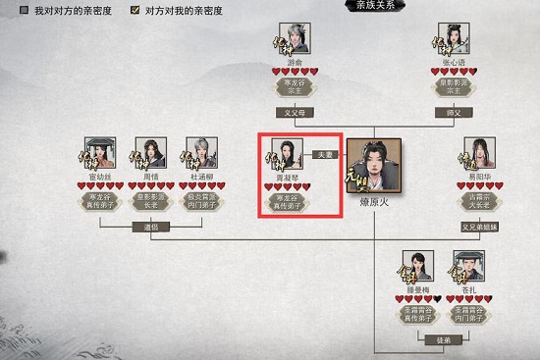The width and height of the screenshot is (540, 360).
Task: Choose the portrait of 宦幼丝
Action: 101,154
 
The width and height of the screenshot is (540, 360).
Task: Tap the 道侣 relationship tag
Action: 145,228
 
